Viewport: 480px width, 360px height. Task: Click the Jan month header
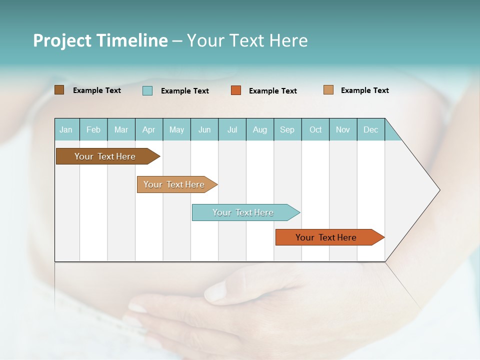tap(66, 129)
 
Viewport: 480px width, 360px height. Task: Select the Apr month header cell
tap(149, 129)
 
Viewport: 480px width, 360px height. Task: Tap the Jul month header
tap(232, 129)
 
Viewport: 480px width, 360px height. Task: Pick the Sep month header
tap(287, 129)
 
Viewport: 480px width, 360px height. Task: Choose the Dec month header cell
tap(370, 129)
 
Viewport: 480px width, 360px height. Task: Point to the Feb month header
tap(93, 129)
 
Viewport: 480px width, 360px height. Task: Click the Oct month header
tap(315, 129)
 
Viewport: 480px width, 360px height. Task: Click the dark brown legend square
tap(59, 90)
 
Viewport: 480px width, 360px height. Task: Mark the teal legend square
tap(147, 90)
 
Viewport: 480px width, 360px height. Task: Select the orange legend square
tap(236, 90)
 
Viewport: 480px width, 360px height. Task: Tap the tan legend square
tap(328, 90)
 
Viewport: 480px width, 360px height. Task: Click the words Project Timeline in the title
tap(100, 40)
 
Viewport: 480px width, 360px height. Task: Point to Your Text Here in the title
tap(247, 40)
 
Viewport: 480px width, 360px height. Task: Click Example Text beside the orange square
tap(273, 91)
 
